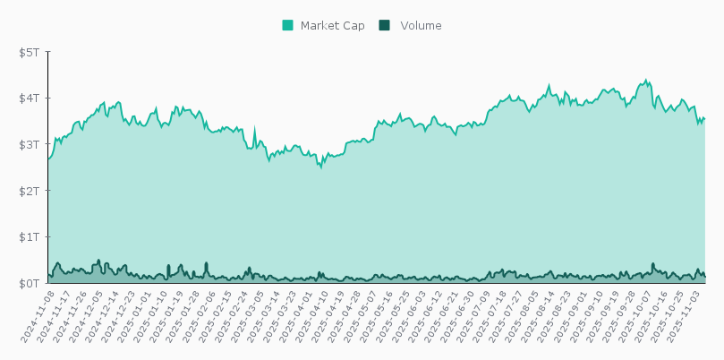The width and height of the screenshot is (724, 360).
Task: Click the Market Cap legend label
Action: pyautogui.click(x=332, y=26)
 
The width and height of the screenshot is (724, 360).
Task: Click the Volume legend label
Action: pyautogui.click(x=421, y=26)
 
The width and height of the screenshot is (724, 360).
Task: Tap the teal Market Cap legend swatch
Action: pyautogui.click(x=287, y=26)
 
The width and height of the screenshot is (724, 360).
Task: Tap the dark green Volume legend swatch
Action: pyautogui.click(x=384, y=26)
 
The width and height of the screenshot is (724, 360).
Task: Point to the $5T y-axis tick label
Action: pyautogui.click(x=30, y=52)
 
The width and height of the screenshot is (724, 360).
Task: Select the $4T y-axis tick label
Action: pyautogui.click(x=30, y=98)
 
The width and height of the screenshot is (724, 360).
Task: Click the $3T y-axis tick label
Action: pyautogui.click(x=30, y=144)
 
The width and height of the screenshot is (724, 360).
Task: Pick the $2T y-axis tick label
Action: pyautogui.click(x=30, y=191)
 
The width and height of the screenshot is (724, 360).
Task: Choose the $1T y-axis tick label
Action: pyautogui.click(x=30, y=237)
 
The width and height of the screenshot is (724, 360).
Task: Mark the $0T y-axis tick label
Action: pyautogui.click(x=30, y=283)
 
